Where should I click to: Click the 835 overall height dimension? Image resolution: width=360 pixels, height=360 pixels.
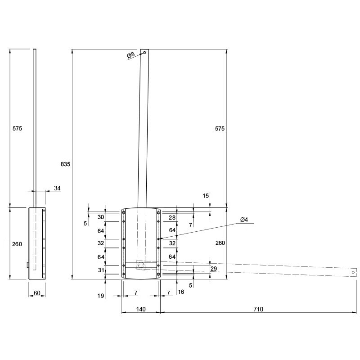coord(65,164)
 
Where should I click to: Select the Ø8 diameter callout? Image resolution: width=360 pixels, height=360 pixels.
coord(130,55)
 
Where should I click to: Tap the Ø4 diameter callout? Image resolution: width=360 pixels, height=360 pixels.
coord(244,220)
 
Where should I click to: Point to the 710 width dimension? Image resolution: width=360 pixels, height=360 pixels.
coord(258,309)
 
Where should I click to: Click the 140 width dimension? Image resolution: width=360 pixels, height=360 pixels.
coord(141,309)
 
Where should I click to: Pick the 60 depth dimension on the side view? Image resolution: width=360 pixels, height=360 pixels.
coord(37,293)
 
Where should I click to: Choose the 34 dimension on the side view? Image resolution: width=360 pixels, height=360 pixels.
coord(57,188)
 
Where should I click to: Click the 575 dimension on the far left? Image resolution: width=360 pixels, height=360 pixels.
coord(17,129)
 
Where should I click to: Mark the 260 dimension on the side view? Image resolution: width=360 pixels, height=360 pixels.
coord(17,244)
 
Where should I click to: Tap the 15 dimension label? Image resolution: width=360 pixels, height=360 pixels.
coord(206,196)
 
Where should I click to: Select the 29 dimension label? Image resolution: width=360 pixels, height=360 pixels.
coord(214,269)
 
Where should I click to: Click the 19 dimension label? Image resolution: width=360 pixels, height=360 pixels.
coord(100,296)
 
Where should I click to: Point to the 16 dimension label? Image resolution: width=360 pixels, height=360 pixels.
coord(181,292)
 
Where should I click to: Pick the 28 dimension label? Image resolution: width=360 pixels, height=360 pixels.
coord(172,218)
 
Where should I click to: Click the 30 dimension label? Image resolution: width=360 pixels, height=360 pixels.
coord(101,217)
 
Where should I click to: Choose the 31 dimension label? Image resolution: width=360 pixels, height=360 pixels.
coord(101,270)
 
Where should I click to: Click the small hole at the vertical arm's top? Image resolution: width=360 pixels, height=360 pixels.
coord(144,53)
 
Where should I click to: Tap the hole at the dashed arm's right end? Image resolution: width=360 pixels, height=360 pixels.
coord(353,273)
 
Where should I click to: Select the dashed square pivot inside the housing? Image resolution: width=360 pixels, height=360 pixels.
coord(140,265)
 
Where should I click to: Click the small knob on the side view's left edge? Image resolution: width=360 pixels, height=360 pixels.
coord(28,265)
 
